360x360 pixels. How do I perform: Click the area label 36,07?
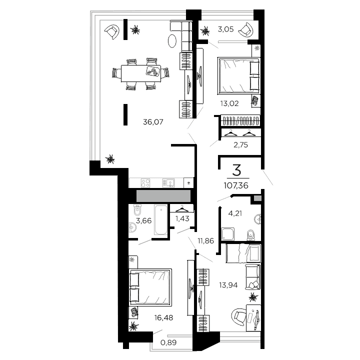(153, 121)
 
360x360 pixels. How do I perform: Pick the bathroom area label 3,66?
(143, 220)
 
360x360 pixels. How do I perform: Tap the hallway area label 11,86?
(206, 240)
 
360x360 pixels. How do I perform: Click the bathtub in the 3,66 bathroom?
(161, 219)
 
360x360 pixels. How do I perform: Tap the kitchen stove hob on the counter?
(145, 183)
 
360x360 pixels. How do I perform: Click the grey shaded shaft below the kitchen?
(160, 196)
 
